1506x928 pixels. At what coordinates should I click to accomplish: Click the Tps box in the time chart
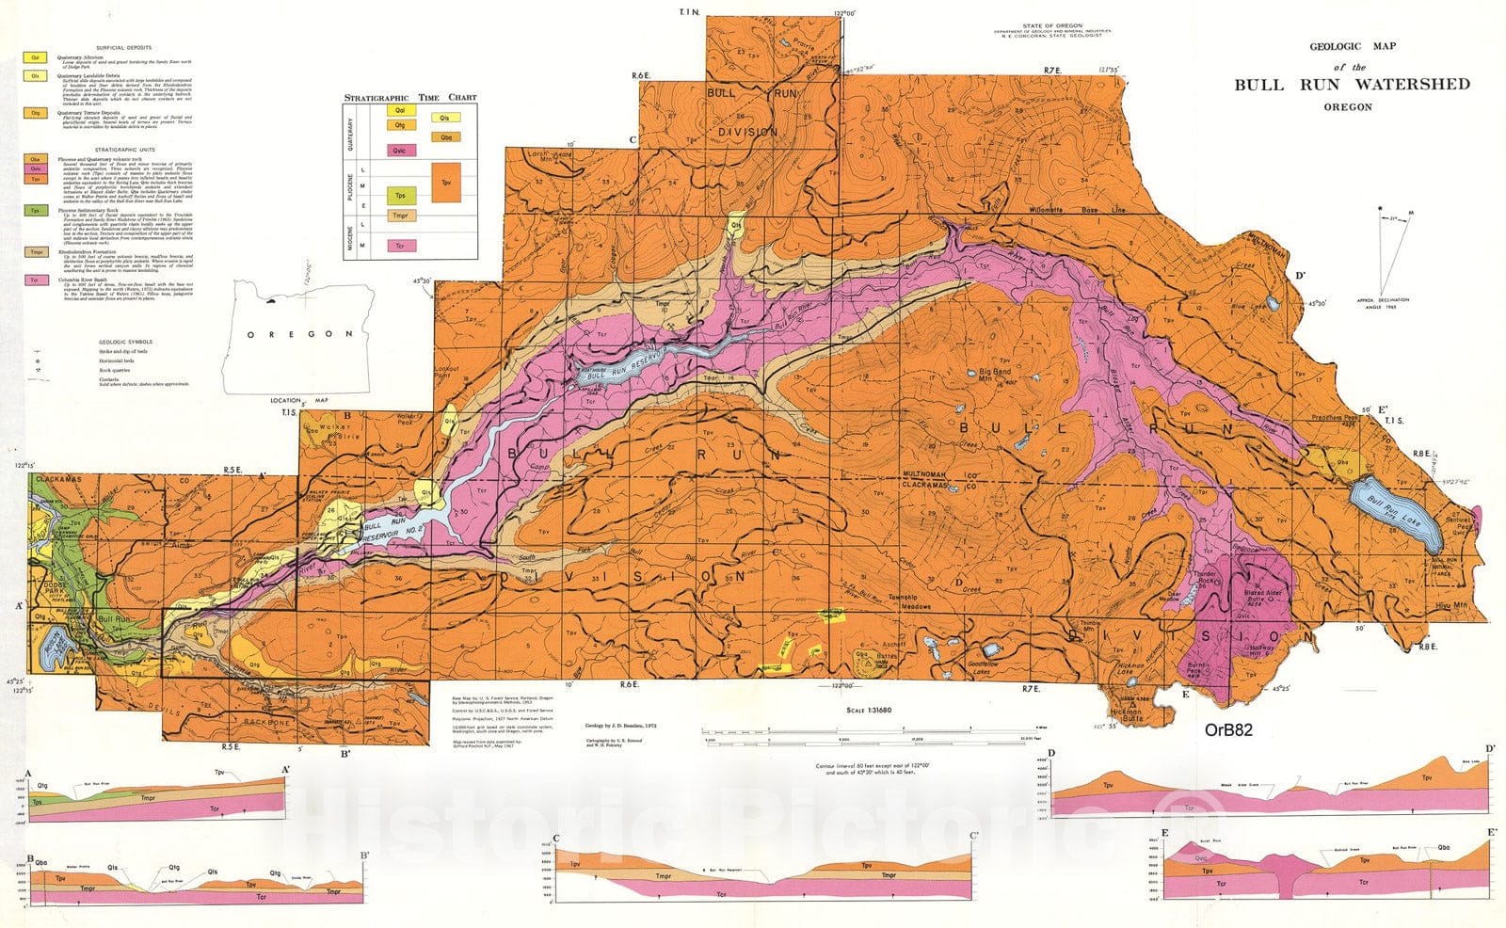400,195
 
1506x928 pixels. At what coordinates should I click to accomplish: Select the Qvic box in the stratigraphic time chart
400,150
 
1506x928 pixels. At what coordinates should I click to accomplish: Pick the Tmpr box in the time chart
400,216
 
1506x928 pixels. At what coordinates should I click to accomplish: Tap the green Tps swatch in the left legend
36,212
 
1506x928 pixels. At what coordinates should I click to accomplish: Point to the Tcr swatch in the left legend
36,280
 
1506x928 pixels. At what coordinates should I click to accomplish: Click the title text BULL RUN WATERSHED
1352,85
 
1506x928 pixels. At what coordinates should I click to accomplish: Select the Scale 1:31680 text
868,711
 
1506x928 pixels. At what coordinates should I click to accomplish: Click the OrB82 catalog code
1228,729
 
